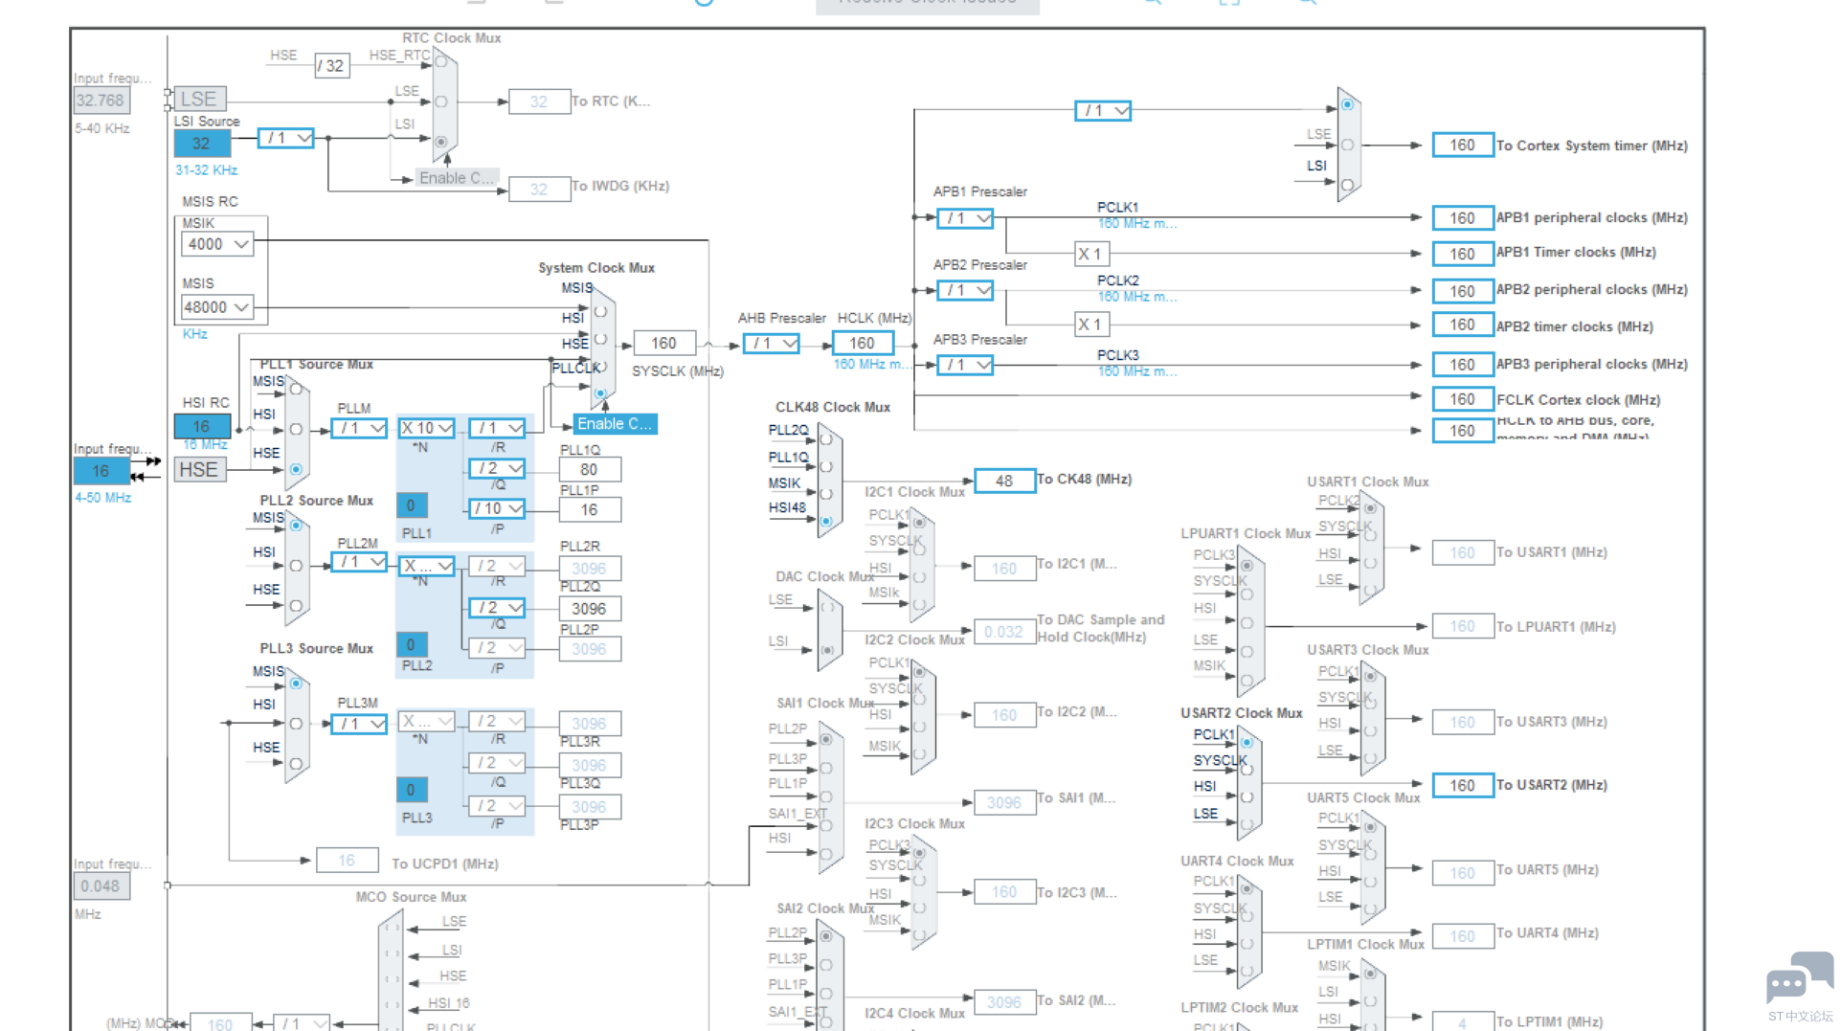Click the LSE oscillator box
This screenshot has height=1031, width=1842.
pyautogui.click(x=200, y=99)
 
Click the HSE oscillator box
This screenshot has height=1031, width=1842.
pyautogui.click(x=199, y=470)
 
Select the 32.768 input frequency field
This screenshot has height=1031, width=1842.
pyautogui.click(x=101, y=101)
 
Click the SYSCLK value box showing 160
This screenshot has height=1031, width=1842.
pyautogui.click(x=663, y=343)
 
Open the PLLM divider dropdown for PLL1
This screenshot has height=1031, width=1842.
pyautogui.click(x=360, y=428)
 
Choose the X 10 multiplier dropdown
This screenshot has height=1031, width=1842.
pyautogui.click(x=426, y=428)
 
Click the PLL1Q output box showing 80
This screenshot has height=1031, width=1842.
pyautogui.click(x=589, y=469)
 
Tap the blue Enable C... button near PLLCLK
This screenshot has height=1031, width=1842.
pyautogui.click(x=615, y=424)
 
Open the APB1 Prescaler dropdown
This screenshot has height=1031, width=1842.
pyautogui.click(x=966, y=218)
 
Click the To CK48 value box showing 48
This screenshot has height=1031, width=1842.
pyautogui.click(x=1003, y=481)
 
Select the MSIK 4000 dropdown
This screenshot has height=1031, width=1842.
pyautogui.click(x=217, y=244)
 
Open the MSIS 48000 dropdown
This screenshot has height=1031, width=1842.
pyautogui.click(x=217, y=307)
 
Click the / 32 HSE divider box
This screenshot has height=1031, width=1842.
pyautogui.click(x=331, y=66)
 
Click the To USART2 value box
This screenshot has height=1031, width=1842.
pyautogui.click(x=1462, y=785)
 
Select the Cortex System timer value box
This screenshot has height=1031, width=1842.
pyautogui.click(x=1462, y=146)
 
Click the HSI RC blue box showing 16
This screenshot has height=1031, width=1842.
pyautogui.click(x=201, y=426)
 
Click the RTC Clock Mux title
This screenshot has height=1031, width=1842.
pyautogui.click(x=451, y=38)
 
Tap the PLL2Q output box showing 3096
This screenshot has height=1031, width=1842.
pyautogui.click(x=589, y=609)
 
